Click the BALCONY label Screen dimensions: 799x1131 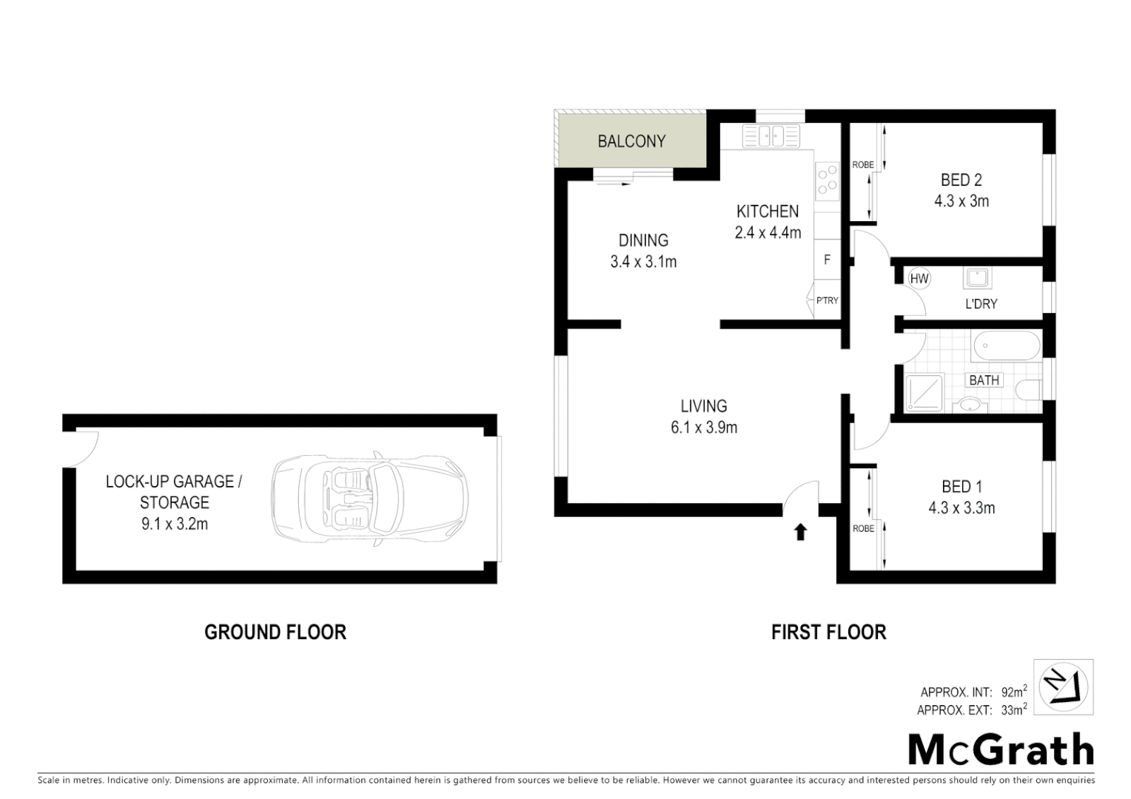[x=631, y=141]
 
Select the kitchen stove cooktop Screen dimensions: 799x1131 [x=827, y=181]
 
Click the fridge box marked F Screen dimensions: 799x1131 [x=827, y=260]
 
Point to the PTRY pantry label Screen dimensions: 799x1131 [x=827, y=300]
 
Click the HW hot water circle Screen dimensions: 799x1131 [x=919, y=279]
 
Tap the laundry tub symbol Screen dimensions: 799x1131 [x=977, y=278]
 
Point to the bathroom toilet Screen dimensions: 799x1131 [x=1030, y=390]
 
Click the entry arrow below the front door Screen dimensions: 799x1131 [x=800, y=532]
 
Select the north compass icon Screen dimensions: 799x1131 [x=1063, y=687]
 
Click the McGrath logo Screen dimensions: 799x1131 [x=1001, y=749]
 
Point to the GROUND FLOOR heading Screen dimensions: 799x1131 [x=275, y=632]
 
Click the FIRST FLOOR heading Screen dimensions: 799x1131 [x=828, y=632]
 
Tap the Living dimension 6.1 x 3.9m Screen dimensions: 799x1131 [x=704, y=428]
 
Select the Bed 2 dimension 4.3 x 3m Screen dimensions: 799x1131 [x=961, y=201]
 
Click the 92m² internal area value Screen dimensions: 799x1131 [x=1013, y=692]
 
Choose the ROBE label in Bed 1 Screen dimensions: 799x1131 [x=863, y=528]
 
